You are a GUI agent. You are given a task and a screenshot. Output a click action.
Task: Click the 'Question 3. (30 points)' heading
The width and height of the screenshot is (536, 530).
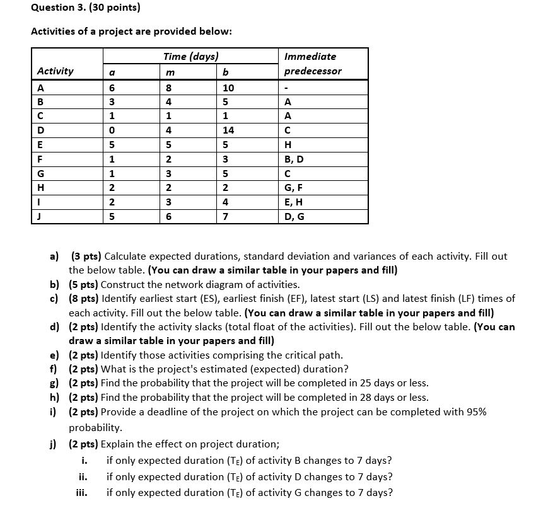click(85, 8)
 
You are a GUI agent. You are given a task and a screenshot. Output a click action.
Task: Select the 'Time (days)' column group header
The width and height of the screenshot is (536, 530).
click(190, 56)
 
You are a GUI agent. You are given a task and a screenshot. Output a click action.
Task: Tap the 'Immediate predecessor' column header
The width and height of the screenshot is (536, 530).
click(313, 64)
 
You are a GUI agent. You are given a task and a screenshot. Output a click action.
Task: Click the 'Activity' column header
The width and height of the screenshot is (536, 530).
click(55, 71)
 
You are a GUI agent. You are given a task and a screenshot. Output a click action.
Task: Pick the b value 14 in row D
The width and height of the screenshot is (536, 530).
click(228, 130)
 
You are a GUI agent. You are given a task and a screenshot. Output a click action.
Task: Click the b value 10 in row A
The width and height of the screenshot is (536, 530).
click(228, 88)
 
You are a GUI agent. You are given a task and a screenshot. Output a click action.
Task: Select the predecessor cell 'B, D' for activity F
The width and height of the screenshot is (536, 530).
click(294, 159)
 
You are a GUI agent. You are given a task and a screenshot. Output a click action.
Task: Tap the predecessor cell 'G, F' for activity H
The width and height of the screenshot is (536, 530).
click(294, 188)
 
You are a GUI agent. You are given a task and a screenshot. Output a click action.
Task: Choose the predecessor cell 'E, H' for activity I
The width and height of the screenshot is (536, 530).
click(294, 202)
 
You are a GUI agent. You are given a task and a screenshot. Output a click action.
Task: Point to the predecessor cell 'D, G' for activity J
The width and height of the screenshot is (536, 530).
click(294, 217)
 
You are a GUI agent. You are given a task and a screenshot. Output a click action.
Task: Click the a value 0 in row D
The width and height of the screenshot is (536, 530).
click(112, 130)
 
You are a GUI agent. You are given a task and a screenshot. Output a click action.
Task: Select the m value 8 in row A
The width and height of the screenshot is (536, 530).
click(168, 88)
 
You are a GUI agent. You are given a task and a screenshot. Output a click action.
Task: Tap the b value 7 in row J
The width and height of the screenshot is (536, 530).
click(226, 217)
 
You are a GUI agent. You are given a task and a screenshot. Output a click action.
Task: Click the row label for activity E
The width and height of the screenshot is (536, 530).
click(40, 145)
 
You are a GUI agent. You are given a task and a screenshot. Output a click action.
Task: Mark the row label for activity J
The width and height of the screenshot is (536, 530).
click(40, 217)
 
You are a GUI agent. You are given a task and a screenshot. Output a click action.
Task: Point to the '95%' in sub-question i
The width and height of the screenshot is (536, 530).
click(476, 412)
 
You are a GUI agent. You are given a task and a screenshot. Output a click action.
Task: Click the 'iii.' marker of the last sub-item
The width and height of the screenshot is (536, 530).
click(82, 493)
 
